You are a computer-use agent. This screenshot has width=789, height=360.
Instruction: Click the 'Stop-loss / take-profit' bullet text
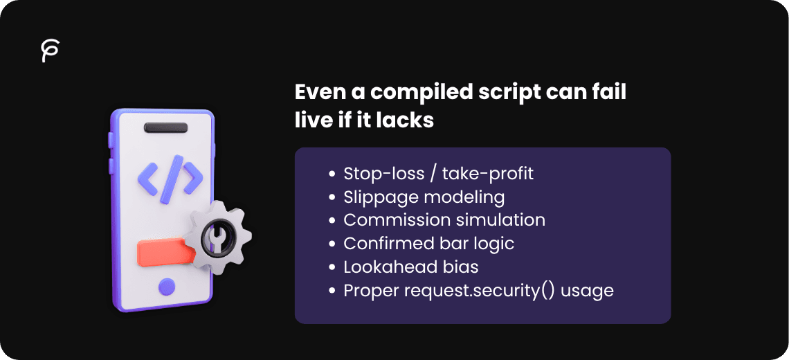(439, 173)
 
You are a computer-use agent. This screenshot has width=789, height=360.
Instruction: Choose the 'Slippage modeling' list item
(424, 197)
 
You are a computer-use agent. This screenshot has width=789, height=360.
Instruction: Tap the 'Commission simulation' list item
(444, 220)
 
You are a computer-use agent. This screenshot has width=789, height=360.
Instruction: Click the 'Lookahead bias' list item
(411, 267)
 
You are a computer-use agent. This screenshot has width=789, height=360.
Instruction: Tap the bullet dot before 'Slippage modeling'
(334, 197)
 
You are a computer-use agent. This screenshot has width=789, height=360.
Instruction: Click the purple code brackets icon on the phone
(170, 179)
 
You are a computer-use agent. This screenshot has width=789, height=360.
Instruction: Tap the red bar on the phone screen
(161, 252)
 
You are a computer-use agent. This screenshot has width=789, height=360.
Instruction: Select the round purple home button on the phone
(166, 286)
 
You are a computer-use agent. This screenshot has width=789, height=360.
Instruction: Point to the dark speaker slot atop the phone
(165, 128)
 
